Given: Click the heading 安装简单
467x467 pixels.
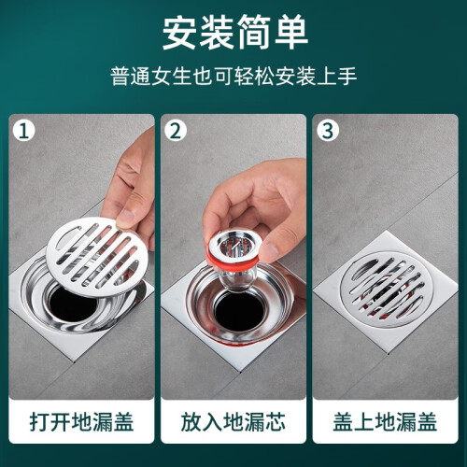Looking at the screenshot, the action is coord(235,33).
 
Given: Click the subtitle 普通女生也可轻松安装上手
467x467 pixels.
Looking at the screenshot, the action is coord(233,77).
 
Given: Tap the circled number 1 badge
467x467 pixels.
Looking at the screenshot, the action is coord(24,131).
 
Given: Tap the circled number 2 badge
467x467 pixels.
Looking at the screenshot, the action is coord(176,131).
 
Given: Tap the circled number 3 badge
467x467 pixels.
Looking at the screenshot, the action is coord(328,131).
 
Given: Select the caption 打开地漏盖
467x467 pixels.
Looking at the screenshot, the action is coord(81,422).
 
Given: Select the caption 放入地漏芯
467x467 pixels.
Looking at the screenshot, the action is coord(233,422).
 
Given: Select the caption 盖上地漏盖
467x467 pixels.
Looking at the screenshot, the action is coord(385,422).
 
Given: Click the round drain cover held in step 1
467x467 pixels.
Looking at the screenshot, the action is coord(97,256).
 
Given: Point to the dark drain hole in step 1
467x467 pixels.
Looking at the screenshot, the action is coord(70,304).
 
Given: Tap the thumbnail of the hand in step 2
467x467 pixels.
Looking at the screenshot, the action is coord(270,252).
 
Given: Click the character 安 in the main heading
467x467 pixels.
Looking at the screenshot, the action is coord(180,33).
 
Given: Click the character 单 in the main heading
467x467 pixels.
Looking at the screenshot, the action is coord(290,33).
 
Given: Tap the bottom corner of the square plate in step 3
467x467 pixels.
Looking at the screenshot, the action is coord(388,353).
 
